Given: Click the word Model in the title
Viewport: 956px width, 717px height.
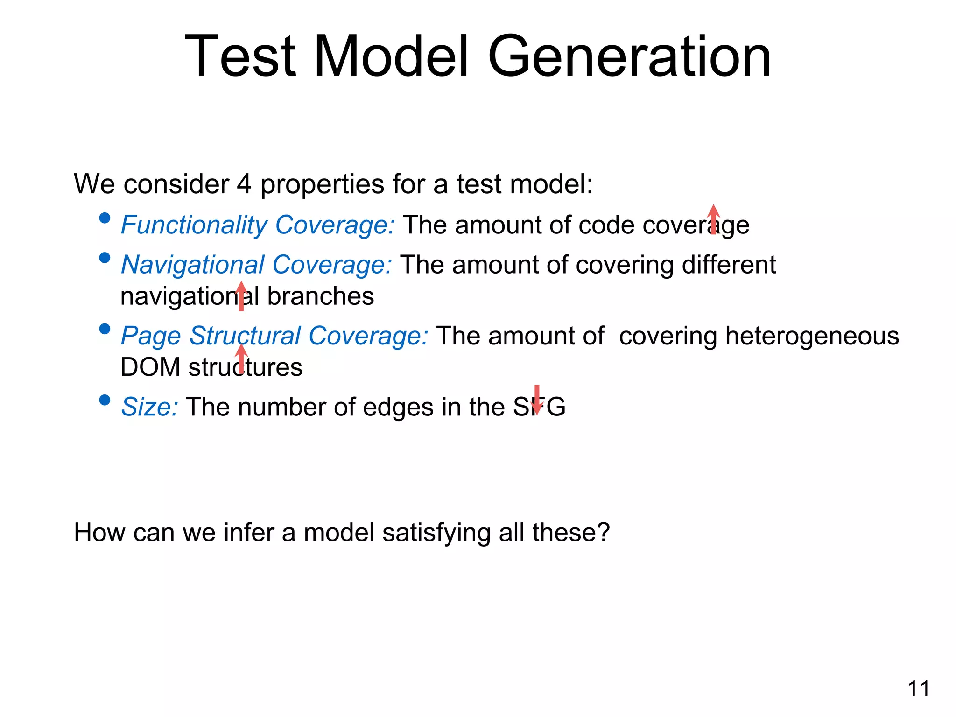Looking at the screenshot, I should coord(391,57).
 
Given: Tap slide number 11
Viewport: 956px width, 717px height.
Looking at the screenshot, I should coord(918,689).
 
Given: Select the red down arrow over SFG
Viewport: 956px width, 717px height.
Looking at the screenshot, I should coord(537,400).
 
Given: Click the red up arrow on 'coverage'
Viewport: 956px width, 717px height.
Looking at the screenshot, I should coord(713,219).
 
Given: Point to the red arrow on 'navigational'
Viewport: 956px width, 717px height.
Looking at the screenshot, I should coord(241,296).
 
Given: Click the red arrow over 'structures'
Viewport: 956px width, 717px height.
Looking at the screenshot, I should coord(241,358).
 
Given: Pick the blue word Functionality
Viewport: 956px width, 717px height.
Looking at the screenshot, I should coord(194,225).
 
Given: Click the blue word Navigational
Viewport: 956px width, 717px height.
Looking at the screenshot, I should coord(193,265).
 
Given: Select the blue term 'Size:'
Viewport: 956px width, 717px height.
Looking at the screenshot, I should coord(149,407).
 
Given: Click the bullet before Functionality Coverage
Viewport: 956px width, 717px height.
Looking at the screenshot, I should coord(105,218).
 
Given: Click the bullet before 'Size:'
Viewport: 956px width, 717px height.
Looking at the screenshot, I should coord(105,400).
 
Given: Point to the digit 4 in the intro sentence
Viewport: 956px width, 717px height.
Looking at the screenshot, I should coord(244,184).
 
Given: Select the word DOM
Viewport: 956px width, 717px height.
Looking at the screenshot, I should coord(150,367).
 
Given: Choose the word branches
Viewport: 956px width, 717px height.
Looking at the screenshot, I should coord(320,296).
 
